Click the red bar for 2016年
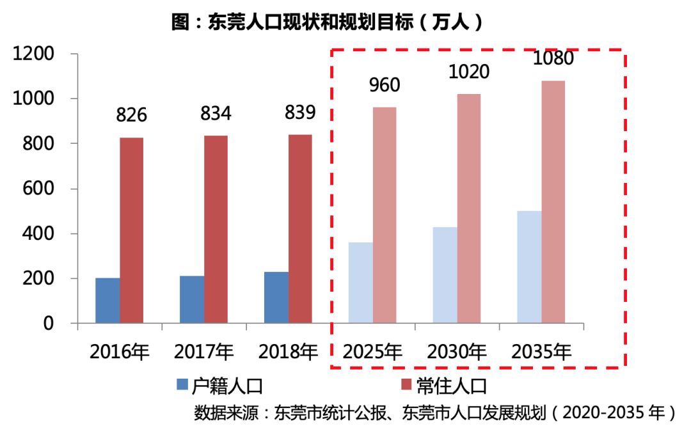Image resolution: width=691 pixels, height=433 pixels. point(131,230)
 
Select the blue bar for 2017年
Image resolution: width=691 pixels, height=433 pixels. point(192,299)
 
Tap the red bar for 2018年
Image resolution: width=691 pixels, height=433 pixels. point(300,228)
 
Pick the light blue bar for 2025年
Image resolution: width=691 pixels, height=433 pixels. point(361,283)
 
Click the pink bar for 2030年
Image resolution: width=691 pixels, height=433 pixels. point(469,209)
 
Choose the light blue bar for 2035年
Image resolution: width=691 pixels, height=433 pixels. point(529,267)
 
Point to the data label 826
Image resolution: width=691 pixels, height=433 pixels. point(131,115)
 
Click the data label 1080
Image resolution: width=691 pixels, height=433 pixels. point(553,58)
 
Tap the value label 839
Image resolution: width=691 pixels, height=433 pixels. point(300,113)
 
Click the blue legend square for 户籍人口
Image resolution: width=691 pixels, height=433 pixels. point(182,384)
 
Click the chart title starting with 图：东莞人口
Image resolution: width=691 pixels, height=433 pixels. point(327,22)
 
